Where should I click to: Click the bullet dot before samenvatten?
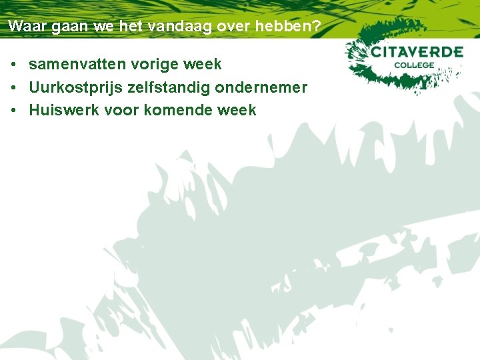point(14,65)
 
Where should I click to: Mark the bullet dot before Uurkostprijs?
point(14,88)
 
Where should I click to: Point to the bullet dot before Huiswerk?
point(14,111)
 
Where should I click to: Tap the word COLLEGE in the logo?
point(413,65)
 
